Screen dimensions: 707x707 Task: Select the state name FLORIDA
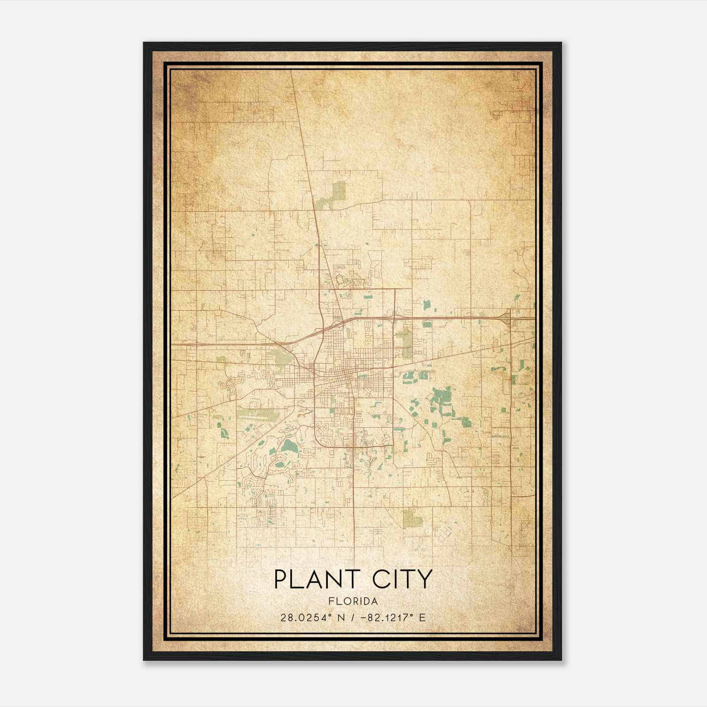click(x=353, y=601)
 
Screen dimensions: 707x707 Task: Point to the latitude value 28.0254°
click(x=303, y=618)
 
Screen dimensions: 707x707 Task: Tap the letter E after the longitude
click(x=423, y=618)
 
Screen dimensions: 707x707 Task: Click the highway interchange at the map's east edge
click(x=507, y=316)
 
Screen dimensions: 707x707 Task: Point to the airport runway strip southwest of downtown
click(x=261, y=415)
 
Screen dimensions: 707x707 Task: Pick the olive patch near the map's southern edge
click(x=412, y=517)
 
